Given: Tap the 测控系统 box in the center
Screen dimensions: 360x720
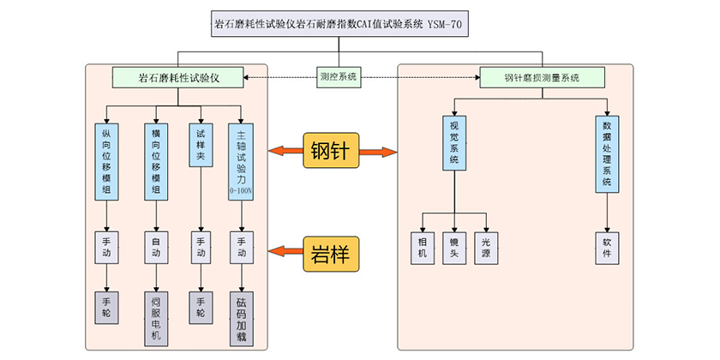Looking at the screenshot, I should [x=338, y=77].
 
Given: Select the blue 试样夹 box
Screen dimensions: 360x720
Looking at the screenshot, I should [x=201, y=145].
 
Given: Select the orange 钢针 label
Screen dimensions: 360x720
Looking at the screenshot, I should [x=332, y=152].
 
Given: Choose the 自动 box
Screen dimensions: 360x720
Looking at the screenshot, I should [x=156, y=247].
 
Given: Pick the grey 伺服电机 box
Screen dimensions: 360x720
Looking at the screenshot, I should [x=156, y=317].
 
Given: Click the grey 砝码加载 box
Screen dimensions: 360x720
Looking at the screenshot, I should [x=242, y=317].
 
